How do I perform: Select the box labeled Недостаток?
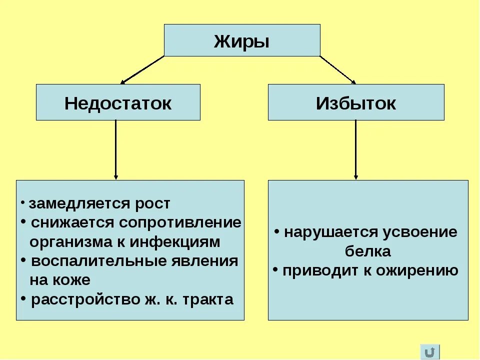[118, 102]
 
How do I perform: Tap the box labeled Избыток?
[356, 102]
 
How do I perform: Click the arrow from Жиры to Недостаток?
[142, 69]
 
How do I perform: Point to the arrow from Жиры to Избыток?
[337, 69]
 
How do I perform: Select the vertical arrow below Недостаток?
[116, 150]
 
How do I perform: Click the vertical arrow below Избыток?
[356, 150]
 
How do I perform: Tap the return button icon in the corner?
[430, 351]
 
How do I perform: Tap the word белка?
[368, 251]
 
